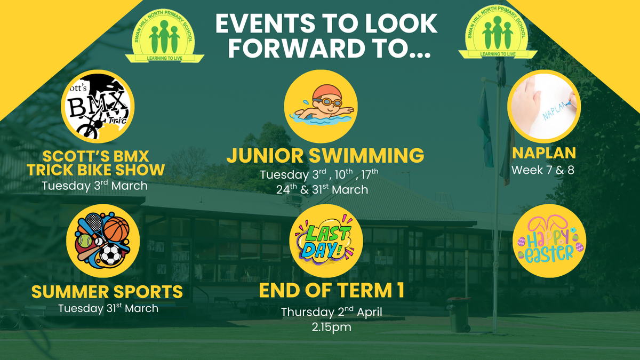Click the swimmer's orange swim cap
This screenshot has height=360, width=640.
click(x=327, y=92)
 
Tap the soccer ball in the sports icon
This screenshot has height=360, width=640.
click(x=110, y=254)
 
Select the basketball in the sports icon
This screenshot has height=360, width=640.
click(x=116, y=229)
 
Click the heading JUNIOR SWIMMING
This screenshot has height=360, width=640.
click(x=325, y=155)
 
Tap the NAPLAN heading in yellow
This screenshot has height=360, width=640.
click(x=543, y=153)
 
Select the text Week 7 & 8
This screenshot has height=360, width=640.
click(x=542, y=170)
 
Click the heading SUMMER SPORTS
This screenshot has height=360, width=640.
click(x=107, y=292)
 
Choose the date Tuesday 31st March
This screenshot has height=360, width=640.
click(x=108, y=308)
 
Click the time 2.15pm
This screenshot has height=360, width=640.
click(x=331, y=327)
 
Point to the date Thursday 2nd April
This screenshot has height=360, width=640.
click(x=331, y=311)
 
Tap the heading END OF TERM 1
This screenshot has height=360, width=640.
click(x=331, y=290)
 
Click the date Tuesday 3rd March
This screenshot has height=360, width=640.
click(x=94, y=186)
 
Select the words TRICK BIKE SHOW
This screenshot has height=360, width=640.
click(x=95, y=170)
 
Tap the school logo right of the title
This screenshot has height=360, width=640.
click(x=498, y=32)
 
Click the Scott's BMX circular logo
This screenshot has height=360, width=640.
click(x=98, y=106)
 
